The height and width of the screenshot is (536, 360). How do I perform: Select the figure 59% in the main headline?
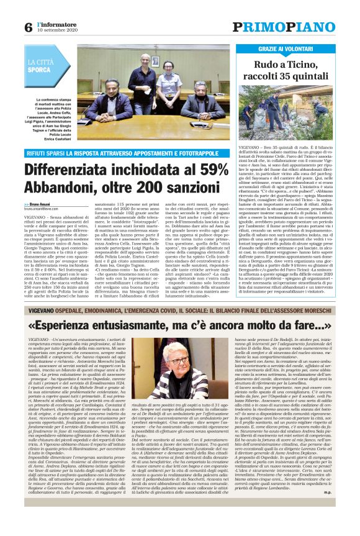point(217,168)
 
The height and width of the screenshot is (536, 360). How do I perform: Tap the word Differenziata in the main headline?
point(83,168)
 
